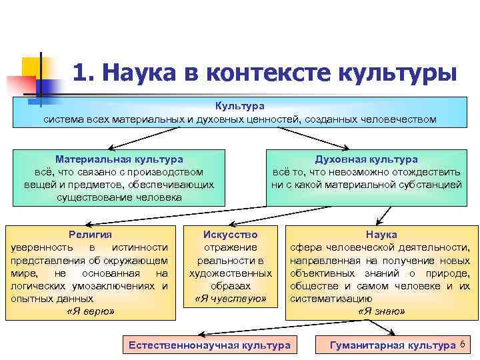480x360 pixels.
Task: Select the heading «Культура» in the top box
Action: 240,107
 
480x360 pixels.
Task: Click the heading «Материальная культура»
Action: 119,159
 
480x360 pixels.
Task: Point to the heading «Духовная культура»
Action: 367,159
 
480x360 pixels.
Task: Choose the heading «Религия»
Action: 90,235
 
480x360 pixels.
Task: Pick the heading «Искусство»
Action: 230,235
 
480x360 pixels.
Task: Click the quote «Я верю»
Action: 91,311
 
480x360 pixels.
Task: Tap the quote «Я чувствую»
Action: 230,299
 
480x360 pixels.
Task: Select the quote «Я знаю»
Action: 381,311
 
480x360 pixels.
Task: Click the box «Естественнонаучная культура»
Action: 209,345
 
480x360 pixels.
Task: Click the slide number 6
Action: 463,344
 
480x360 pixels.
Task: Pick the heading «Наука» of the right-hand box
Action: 381,235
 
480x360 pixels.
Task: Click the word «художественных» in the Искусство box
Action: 230,273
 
